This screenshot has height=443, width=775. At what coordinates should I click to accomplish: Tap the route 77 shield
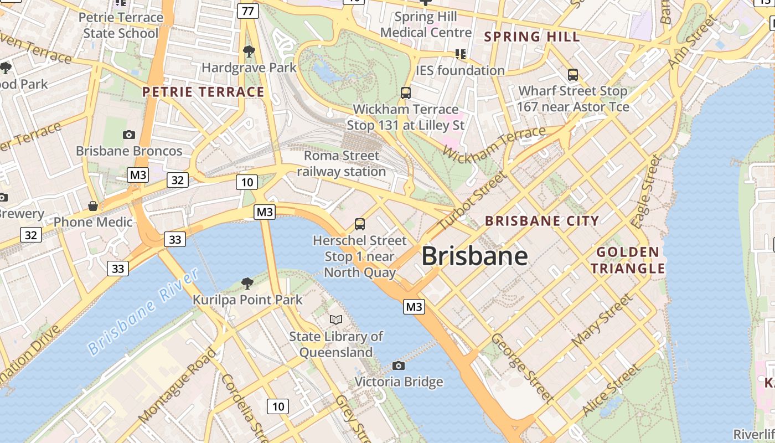pos(248,11)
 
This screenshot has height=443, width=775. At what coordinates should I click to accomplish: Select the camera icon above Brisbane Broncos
pos(128,135)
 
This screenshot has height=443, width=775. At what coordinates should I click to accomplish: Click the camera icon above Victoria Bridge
pos(398,365)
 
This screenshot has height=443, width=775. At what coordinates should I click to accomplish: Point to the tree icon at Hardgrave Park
pos(249,51)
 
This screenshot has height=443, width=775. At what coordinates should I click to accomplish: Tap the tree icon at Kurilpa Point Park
pos(247,284)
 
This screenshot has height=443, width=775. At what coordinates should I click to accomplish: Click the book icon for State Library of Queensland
pos(336,320)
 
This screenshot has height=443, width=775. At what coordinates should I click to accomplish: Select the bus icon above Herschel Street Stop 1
pos(360,224)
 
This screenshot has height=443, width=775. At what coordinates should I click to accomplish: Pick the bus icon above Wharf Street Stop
pos(573,74)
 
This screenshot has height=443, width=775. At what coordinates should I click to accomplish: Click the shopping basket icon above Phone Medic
pos(93,206)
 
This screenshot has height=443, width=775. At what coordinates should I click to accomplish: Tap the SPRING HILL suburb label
pos(532,37)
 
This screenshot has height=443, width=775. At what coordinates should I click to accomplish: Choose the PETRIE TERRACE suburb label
pos(203,92)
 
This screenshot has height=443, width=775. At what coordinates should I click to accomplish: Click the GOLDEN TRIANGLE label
pos(628,261)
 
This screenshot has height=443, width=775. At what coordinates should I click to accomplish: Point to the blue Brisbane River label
pos(143,312)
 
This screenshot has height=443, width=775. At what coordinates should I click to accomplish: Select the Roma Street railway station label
pos(342,164)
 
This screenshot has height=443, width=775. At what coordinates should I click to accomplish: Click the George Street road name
pos(522,367)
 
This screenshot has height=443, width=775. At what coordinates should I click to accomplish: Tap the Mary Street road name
pos(602,321)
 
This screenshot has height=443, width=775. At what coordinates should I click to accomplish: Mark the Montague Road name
pos(177,385)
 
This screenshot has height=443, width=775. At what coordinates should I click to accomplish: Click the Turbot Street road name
pos(472,202)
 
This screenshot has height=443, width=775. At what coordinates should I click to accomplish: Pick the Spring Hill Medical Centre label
pos(426,24)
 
